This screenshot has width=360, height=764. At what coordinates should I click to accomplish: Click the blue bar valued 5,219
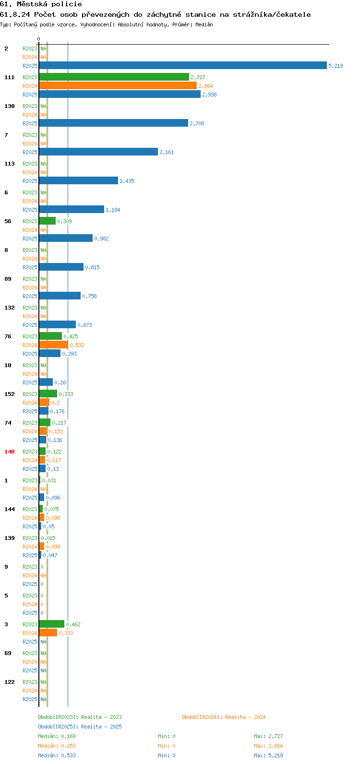pyautogui.click(x=183, y=65)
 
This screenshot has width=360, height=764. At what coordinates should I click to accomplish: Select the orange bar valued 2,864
pyautogui.click(x=118, y=85)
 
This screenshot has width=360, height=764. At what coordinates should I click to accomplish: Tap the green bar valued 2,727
pyautogui.click(x=114, y=77)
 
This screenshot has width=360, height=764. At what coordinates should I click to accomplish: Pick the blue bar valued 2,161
pyautogui.click(x=98, y=152)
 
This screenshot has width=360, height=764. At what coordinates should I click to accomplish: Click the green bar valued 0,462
pyautogui.click(x=52, y=624)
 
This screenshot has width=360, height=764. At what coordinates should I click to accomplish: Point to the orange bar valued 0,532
pyautogui.click(x=54, y=345)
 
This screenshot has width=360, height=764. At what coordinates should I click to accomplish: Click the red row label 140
pyautogui.click(x=10, y=452)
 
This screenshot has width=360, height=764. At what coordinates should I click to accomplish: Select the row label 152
pyautogui.click(x=10, y=394)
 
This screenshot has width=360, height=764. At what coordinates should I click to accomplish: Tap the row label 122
pyautogui.click(x=10, y=682)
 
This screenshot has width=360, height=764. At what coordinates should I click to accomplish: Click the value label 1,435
pyautogui.click(x=127, y=181)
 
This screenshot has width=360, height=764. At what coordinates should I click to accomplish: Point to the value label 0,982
pyautogui.click(x=101, y=239)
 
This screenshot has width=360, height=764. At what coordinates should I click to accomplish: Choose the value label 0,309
pyautogui.click(x=64, y=221)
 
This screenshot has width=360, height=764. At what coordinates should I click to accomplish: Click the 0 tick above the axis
pyautogui.click(x=38, y=39)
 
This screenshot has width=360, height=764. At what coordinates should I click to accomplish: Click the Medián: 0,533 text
pyautogui.click(x=57, y=755)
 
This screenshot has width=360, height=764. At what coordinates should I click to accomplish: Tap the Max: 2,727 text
pyautogui.click(x=268, y=736)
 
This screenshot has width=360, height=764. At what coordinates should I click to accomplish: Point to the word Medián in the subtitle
pyautogui.click(x=204, y=24)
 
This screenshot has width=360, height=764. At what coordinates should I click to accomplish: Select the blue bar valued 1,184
pyautogui.click(x=72, y=209)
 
